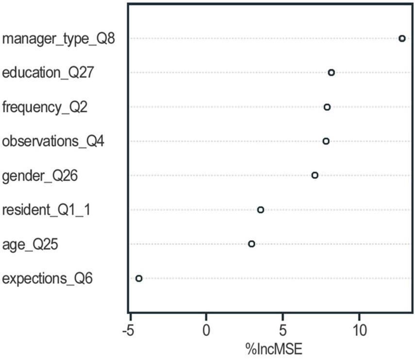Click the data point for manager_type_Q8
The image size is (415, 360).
(402, 38)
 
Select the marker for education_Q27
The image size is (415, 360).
(331, 72)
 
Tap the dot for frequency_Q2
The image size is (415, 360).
(327, 107)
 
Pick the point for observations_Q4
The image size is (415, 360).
(326, 141)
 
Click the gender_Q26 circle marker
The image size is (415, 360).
(315, 175)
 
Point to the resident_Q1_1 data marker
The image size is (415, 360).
(260, 210)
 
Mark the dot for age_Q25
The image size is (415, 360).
(251, 244)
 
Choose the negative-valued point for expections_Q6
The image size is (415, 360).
(139, 278)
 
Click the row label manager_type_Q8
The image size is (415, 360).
(58, 39)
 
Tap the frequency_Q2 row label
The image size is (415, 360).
(45, 107)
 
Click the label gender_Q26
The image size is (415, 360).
(40, 176)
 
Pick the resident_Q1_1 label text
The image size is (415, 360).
(46, 210)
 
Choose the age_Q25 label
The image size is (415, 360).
(30, 244)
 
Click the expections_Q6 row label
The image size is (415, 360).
(47, 279)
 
